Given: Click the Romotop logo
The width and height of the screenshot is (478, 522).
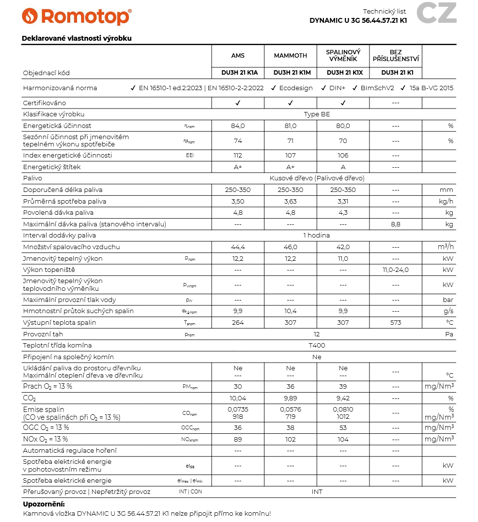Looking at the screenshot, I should (x=77, y=16).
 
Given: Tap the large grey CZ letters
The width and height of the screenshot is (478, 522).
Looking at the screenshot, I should (x=436, y=13).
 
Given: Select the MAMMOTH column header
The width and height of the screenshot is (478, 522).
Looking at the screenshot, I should (x=291, y=56).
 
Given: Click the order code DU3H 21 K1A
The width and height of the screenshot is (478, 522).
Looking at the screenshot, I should (x=238, y=73).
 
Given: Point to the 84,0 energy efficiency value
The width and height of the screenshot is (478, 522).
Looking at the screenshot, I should (x=238, y=126).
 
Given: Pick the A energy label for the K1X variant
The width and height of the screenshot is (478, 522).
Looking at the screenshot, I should (x=343, y=167).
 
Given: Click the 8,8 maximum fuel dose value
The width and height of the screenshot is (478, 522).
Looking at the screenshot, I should (x=396, y=224).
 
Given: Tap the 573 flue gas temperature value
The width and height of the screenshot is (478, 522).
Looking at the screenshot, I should (x=396, y=323).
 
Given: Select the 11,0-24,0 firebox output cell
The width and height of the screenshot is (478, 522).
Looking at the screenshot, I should (x=396, y=270).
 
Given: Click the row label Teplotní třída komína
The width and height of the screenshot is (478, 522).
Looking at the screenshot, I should (x=58, y=346).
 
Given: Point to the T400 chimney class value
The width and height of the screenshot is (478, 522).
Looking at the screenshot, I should (x=317, y=346).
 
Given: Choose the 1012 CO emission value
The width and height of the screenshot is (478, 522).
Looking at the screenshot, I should (x=343, y=416).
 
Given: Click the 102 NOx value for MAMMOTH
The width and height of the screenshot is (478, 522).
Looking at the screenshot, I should (x=291, y=439).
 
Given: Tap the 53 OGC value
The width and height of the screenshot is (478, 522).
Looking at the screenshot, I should (x=343, y=427).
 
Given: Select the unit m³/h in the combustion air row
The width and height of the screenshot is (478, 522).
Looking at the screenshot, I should (x=446, y=247).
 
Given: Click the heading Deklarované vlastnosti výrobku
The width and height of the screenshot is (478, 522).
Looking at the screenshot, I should (x=77, y=38).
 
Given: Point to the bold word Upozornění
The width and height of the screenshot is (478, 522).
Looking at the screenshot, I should (x=44, y=504).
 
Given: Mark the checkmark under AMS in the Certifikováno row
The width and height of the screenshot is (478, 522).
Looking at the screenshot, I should (x=238, y=103).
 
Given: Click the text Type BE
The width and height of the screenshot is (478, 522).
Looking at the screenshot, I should (x=317, y=114).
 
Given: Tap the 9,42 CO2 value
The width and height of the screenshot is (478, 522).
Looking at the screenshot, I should (x=343, y=398).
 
